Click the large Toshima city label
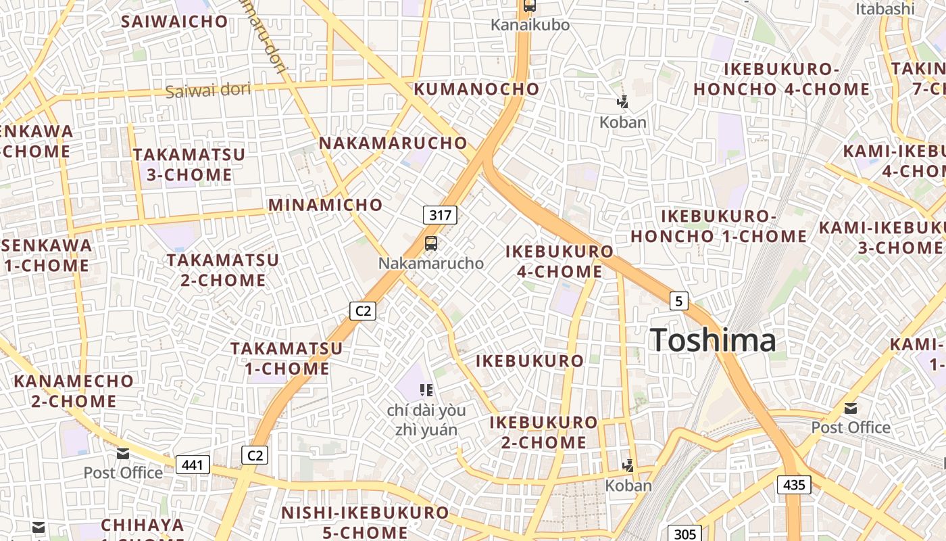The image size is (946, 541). point(713,339)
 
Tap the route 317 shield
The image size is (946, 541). point(440,215)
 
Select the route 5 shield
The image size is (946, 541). point(678,300)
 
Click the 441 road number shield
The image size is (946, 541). point(193,465)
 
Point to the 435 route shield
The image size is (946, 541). point(794,484)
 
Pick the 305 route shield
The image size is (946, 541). point(684,534)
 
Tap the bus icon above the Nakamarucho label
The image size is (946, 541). point(431,243)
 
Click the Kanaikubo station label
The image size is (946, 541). point(530,25)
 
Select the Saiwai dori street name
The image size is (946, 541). point(207,90)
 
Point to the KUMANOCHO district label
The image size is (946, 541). point(476,89)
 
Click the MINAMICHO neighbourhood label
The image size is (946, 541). point(326,205)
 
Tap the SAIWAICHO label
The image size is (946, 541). point(174,22)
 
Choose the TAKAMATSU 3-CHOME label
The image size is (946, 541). point(189,165)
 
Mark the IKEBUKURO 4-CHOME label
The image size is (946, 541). point(559,262)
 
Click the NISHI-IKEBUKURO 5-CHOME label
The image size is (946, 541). point(365,522)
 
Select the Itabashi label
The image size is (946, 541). point(885,9)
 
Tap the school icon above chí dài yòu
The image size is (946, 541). point(426,390)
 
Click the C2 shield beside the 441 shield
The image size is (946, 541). point(255,455)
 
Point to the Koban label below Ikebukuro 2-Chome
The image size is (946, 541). point(628,486)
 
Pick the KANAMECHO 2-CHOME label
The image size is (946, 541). point(74,391)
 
